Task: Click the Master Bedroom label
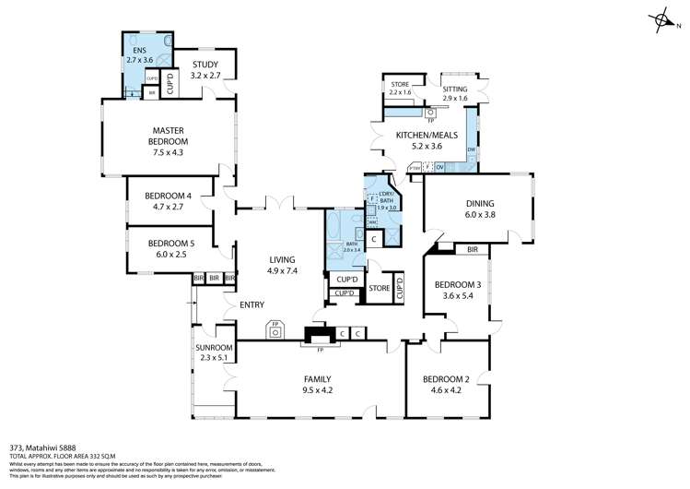coord(168,136)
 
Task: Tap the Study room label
coord(205,69)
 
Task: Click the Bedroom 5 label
coord(169,249)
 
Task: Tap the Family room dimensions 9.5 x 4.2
coord(317,390)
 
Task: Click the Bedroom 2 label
coord(447,384)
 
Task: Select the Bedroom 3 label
coord(458,290)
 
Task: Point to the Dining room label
coord(479,209)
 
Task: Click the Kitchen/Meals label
coord(419,140)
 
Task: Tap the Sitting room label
coord(456,92)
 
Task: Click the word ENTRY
coord(251,304)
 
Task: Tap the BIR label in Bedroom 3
coord(472,249)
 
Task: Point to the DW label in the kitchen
coord(471,149)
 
